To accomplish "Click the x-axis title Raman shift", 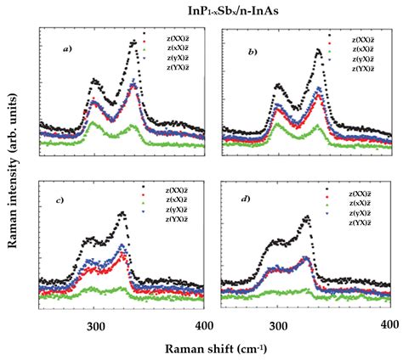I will tap(201, 348).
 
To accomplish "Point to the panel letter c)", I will tap(60, 200).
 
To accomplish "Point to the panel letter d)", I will tap(246, 200).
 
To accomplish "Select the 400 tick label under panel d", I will tap(388, 325).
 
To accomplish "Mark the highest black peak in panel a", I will tap(133, 41).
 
